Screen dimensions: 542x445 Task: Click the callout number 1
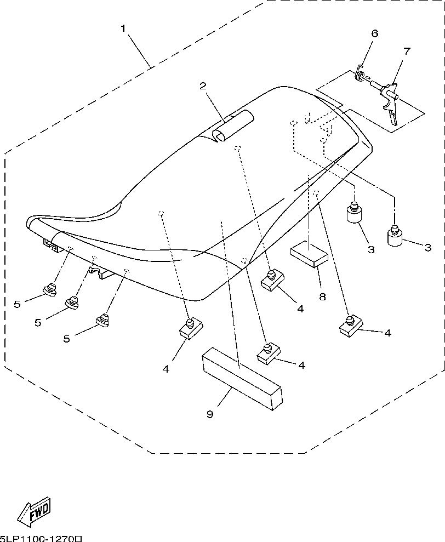pyautogui.click(x=123, y=27)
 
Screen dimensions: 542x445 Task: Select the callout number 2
pyautogui.click(x=203, y=85)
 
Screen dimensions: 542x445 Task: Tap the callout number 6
pyautogui.click(x=375, y=33)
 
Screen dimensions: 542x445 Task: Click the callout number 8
pyautogui.click(x=322, y=296)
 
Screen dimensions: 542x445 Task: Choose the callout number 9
pyautogui.click(x=209, y=414)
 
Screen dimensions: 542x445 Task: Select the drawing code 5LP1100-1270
pyautogui.click(x=41, y=538)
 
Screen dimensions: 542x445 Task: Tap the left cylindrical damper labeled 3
pyautogui.click(x=354, y=214)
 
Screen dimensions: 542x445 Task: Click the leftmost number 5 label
pyautogui.click(x=17, y=304)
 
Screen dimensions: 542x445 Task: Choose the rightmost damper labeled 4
pyautogui.click(x=349, y=327)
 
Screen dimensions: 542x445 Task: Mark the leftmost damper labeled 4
pyautogui.click(x=191, y=329)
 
